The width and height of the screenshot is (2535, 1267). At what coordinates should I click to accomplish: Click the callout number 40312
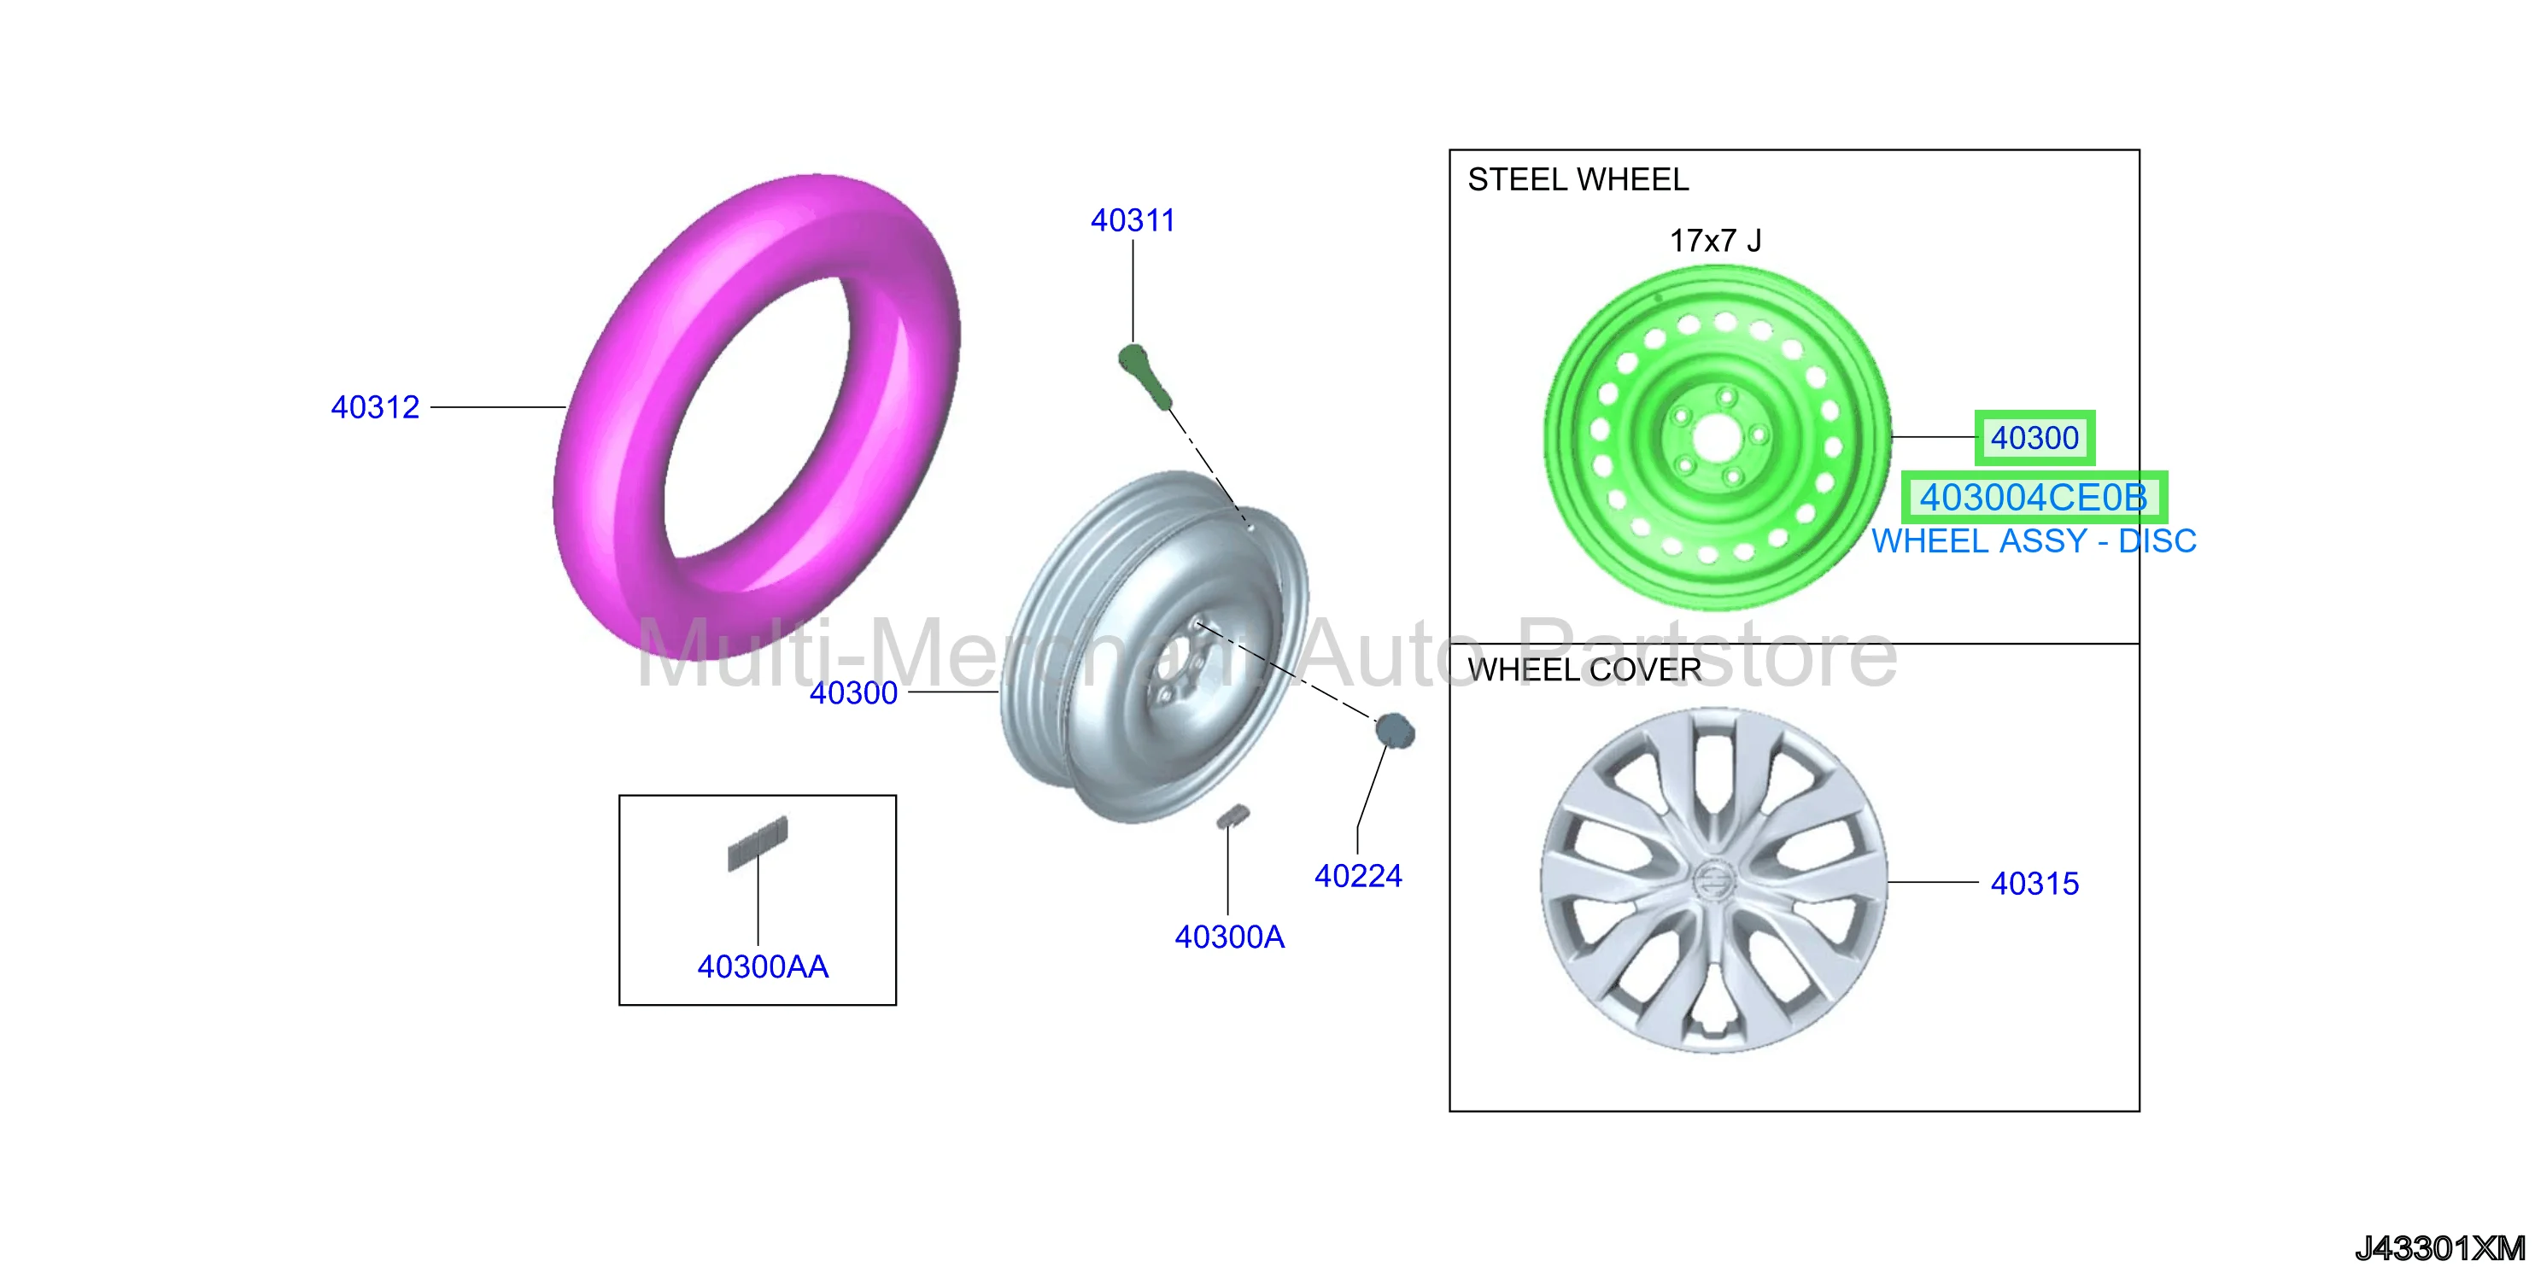tap(375, 407)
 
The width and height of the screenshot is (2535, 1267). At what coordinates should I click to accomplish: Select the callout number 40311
tap(1133, 220)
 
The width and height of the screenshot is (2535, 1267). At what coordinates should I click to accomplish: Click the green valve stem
tap(1145, 375)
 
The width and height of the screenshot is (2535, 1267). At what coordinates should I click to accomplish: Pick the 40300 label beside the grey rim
tap(853, 692)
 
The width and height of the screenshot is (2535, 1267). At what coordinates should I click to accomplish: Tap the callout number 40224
tap(1358, 875)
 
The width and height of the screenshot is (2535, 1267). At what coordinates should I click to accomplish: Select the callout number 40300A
tap(1229, 937)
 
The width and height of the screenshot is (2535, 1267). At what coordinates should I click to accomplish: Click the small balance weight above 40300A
tap(1232, 815)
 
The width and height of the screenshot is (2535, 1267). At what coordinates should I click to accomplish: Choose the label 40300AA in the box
tap(763, 967)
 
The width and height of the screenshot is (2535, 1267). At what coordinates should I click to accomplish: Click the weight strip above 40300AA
tap(758, 843)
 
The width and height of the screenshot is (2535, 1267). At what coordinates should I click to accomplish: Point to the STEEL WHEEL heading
tap(1578, 180)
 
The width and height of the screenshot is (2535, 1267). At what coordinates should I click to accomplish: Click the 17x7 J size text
tap(1715, 240)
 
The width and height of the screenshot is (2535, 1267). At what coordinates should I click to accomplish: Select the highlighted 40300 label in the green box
tap(2034, 438)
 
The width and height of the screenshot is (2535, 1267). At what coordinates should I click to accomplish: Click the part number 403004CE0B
tap(2033, 498)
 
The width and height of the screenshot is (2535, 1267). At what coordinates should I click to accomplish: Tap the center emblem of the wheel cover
tap(1713, 879)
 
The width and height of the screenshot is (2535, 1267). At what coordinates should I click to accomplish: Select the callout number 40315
tap(2034, 884)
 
